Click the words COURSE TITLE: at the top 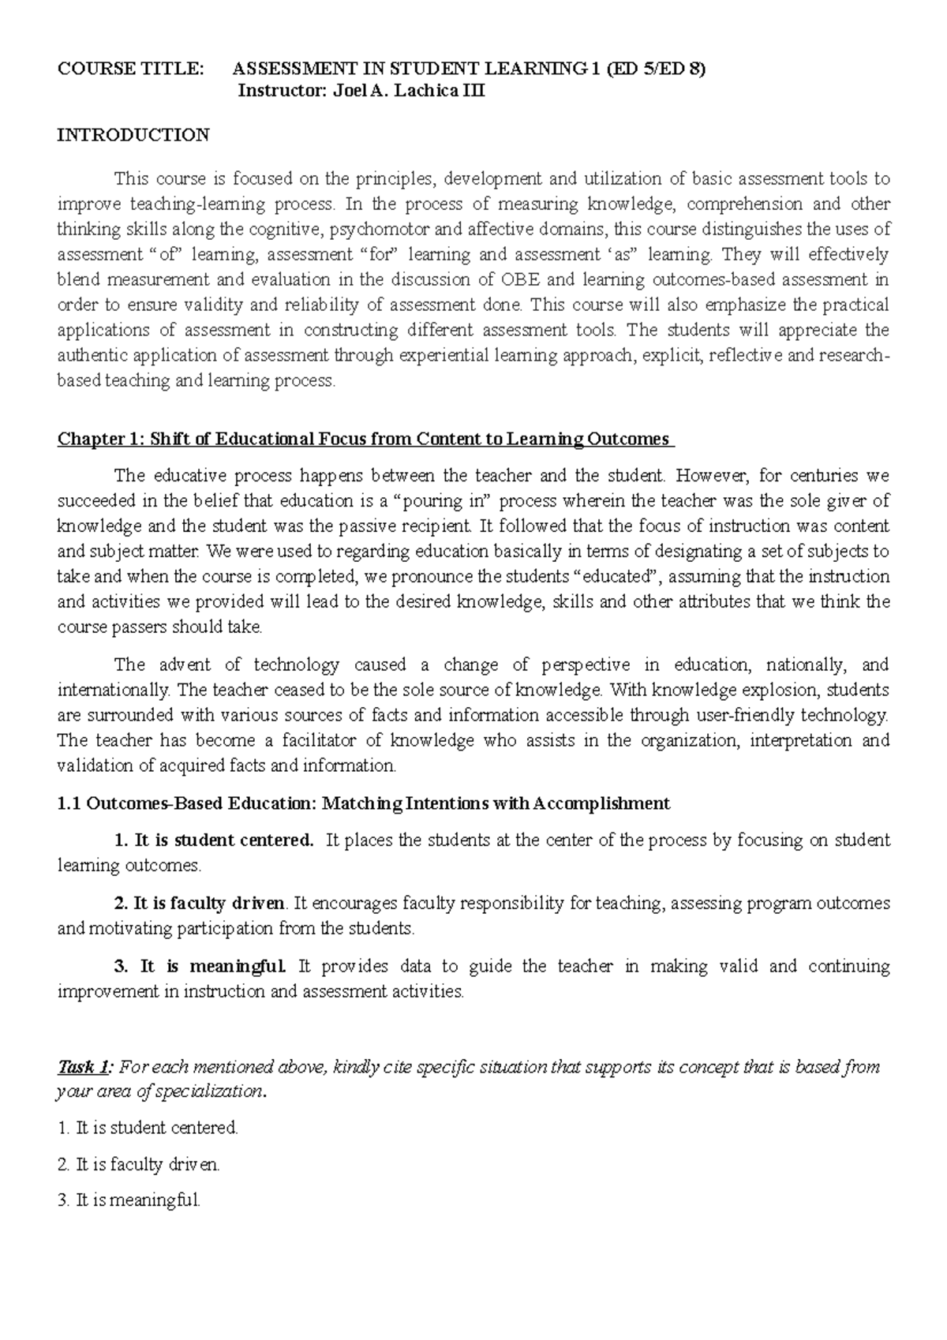click(x=129, y=69)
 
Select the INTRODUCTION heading click(x=133, y=135)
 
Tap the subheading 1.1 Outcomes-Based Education click(x=363, y=804)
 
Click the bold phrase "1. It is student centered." click(x=214, y=840)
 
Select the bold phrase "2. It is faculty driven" click(x=200, y=904)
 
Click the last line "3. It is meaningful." click(x=129, y=1202)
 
